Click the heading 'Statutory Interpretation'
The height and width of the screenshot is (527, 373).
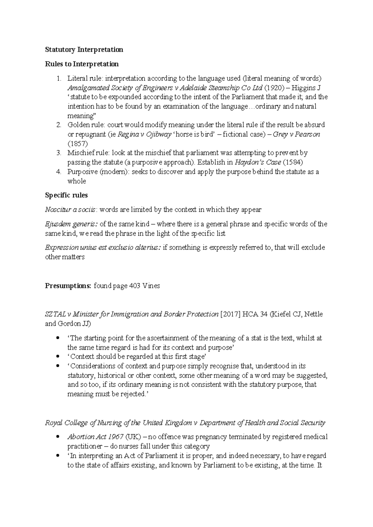click(x=84, y=50)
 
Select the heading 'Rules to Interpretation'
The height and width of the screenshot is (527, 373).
click(x=82, y=64)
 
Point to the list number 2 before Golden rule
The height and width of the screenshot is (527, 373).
click(x=59, y=125)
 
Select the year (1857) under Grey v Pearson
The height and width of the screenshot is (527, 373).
click(x=78, y=144)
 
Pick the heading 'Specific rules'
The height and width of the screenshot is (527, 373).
click(x=66, y=195)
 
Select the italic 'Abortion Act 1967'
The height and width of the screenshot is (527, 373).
click(x=95, y=437)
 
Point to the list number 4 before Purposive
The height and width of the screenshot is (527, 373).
click(x=59, y=172)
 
